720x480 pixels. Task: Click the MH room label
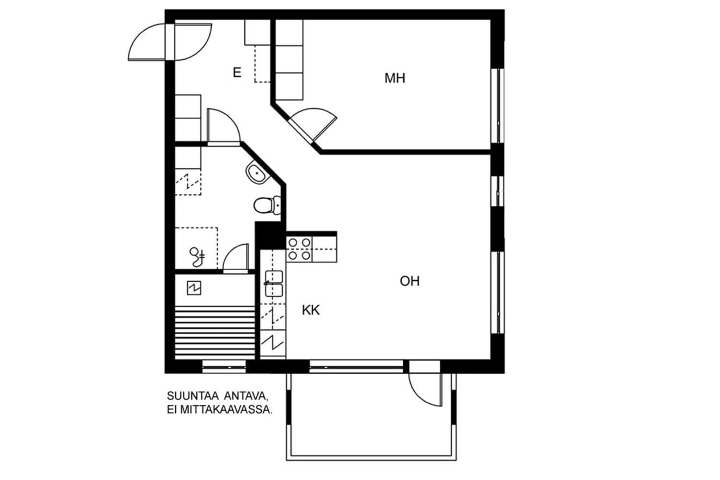[x=395, y=78]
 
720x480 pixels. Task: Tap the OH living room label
[x=409, y=281]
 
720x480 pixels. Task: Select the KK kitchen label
[x=311, y=310]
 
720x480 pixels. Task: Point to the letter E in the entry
[x=237, y=72]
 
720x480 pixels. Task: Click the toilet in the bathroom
[x=267, y=205]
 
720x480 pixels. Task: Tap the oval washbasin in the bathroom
[x=256, y=173]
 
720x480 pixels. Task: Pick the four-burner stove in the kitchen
[x=299, y=249]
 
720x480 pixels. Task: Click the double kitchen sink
[x=274, y=284]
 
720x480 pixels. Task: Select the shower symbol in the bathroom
[x=197, y=257]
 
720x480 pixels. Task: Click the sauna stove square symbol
[x=194, y=288]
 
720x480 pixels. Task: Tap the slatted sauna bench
[x=215, y=333]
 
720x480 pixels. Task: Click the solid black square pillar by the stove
[x=270, y=235]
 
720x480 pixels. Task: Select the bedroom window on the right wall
[x=498, y=106]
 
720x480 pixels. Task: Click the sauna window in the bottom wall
[x=224, y=367]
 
